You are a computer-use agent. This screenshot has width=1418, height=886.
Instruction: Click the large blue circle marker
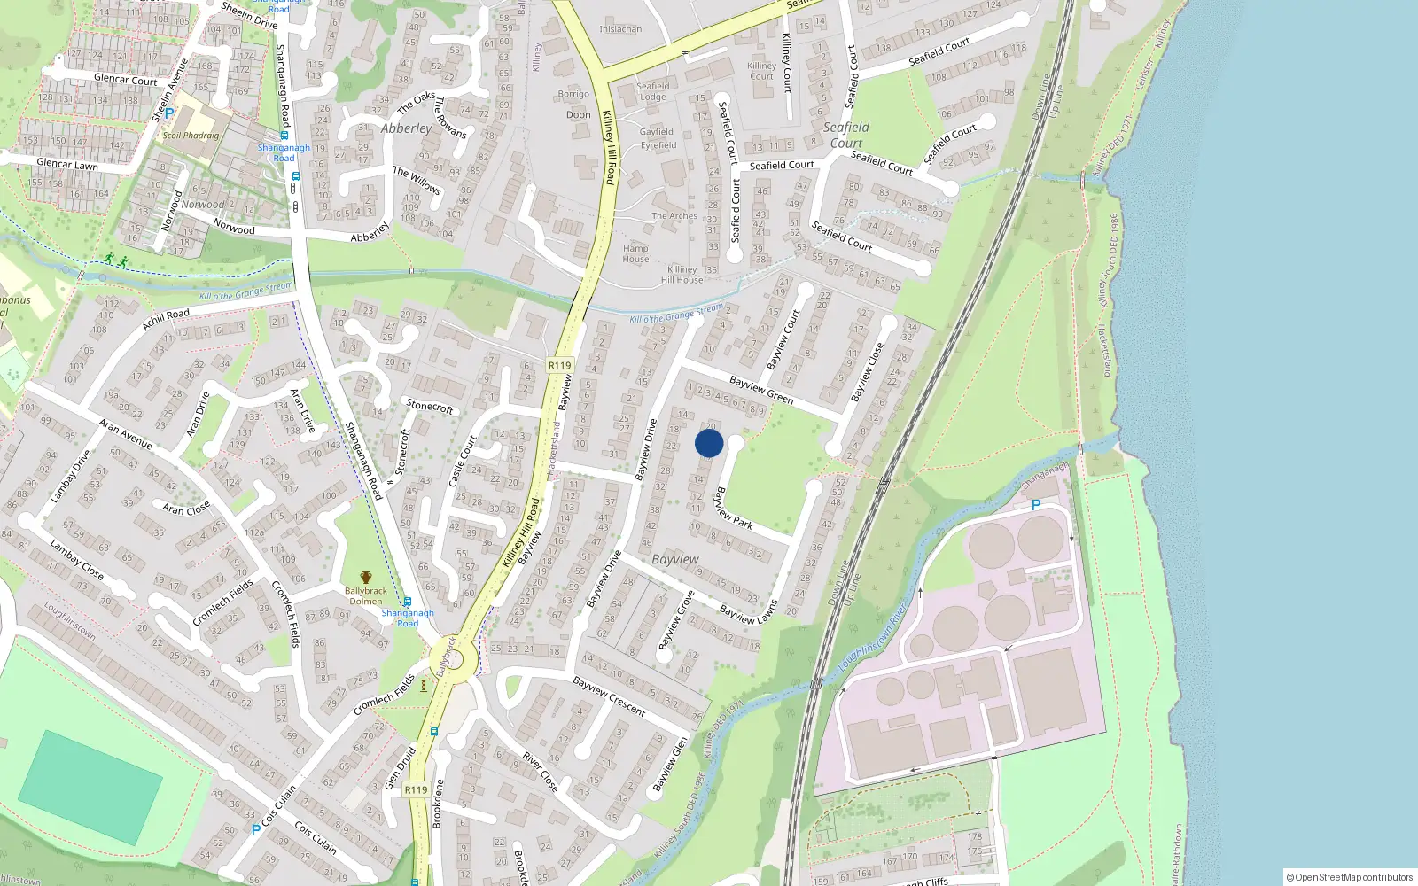click(x=709, y=443)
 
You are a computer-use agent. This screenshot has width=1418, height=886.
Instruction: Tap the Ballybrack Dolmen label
click(x=365, y=595)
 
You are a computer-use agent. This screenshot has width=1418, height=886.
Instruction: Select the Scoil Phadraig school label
click(x=191, y=136)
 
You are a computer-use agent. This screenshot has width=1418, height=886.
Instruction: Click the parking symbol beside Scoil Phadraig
click(x=169, y=113)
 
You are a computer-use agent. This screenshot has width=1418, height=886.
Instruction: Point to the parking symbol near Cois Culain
click(x=256, y=830)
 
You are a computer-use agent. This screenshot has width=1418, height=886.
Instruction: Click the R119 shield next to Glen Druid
click(x=416, y=789)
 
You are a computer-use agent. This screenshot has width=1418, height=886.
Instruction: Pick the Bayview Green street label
click(x=761, y=390)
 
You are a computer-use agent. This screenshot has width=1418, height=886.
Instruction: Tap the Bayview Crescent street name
click(x=609, y=696)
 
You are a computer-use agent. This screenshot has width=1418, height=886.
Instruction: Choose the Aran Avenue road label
click(x=126, y=433)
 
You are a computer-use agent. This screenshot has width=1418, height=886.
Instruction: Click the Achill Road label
click(x=166, y=319)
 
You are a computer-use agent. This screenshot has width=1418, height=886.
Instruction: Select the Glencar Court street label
click(x=125, y=79)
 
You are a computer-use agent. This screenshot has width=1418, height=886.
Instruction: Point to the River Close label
click(x=541, y=772)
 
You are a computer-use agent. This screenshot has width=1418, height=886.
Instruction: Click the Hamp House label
click(x=635, y=253)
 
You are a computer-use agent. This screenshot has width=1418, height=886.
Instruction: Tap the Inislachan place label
click(x=620, y=29)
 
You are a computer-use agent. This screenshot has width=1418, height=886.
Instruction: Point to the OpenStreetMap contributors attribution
click(x=1350, y=877)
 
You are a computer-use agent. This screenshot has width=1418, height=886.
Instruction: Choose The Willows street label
click(x=417, y=180)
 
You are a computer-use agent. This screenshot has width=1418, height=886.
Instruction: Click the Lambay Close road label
click(x=76, y=560)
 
